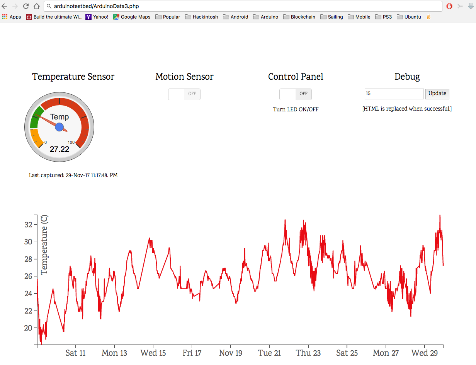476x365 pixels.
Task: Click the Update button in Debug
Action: [x=437, y=94]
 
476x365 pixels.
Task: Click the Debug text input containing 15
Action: [x=394, y=94]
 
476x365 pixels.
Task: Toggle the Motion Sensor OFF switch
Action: [x=184, y=94]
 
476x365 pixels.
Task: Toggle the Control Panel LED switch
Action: [x=296, y=94]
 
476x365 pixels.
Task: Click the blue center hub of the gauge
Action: [x=59, y=127]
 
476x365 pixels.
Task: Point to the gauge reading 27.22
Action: [x=59, y=149]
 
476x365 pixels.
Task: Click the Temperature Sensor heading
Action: [x=73, y=77]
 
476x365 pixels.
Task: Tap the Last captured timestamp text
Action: [x=73, y=175]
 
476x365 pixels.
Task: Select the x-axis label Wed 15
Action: [x=153, y=353]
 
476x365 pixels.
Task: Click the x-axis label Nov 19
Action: [x=231, y=353]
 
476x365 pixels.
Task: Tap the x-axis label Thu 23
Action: [x=308, y=353]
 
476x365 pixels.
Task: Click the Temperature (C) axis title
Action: [x=44, y=245]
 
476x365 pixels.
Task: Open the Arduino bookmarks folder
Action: [x=266, y=17]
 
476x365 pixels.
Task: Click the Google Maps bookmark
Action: [x=132, y=17]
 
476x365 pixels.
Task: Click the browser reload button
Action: [x=26, y=6]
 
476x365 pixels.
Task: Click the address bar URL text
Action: [x=97, y=6]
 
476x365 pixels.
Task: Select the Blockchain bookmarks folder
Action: [x=299, y=17]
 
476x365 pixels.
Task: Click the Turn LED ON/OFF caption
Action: [x=296, y=109]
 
